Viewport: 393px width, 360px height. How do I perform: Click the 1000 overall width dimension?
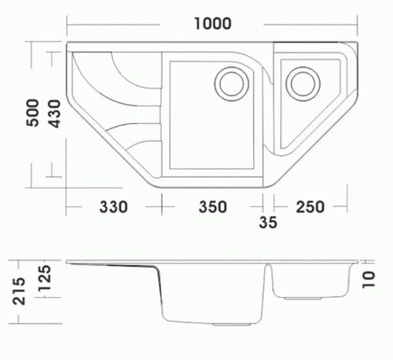point(213,24)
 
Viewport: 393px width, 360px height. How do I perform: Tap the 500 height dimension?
point(33,113)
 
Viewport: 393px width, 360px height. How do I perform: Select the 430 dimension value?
point(54,113)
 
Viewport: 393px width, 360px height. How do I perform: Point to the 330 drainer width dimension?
point(113,207)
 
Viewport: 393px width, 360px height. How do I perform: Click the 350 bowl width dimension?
point(213,207)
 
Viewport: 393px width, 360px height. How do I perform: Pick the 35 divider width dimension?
point(268,222)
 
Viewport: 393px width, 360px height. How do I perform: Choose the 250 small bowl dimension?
point(310,207)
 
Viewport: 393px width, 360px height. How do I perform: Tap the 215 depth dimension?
point(19,291)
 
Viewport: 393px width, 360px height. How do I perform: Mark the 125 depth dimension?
point(45,278)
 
